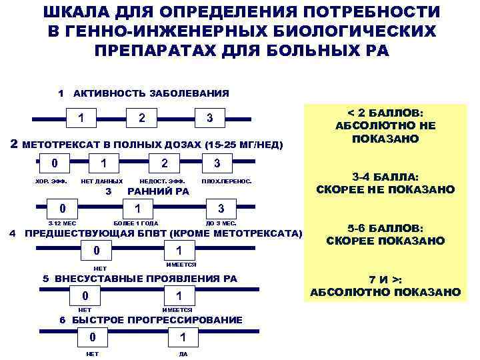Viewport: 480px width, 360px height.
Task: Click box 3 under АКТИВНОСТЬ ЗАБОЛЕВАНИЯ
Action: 209,119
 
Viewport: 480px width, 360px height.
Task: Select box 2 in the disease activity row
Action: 141,119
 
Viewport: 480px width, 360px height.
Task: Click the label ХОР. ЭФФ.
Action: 51,181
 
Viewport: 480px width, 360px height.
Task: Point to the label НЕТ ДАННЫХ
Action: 102,181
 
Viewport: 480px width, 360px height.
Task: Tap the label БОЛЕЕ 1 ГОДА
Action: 136,223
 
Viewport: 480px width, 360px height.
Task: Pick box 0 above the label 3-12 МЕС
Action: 62,207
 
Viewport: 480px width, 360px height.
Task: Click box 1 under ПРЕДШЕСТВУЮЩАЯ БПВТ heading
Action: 179,251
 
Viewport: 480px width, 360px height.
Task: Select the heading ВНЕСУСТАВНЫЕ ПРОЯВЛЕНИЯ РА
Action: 140,279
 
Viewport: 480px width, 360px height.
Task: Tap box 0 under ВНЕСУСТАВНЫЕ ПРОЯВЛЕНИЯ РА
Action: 85,295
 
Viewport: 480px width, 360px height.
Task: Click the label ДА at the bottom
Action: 183,354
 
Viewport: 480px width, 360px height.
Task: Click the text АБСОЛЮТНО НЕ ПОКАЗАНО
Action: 385,132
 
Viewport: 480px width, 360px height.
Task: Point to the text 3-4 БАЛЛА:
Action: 385,177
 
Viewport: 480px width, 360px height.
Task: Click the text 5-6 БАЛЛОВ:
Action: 385,227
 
